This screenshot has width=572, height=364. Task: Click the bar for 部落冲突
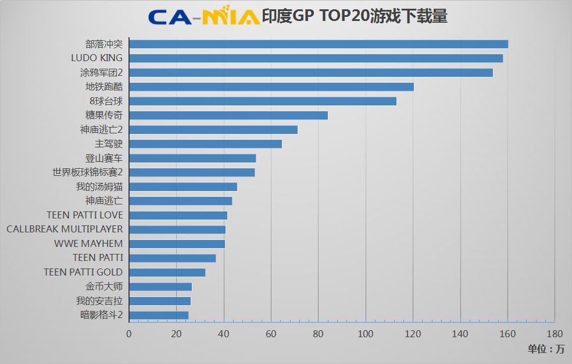point(318,44)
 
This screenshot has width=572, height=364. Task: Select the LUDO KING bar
point(316,58)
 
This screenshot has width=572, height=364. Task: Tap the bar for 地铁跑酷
point(271,87)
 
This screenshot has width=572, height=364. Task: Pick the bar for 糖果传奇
point(228,115)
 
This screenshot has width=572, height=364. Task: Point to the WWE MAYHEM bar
point(177,244)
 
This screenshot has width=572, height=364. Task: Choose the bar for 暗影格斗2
point(159,316)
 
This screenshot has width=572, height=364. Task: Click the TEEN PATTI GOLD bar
point(167,273)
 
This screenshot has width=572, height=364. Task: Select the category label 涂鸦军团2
point(102,73)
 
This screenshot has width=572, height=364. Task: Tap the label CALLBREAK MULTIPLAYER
point(65,229)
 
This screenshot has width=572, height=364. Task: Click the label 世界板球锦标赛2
point(87,172)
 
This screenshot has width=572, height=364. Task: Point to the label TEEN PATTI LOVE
point(85,215)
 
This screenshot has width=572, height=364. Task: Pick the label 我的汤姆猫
point(99,187)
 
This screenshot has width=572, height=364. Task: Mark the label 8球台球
point(106,101)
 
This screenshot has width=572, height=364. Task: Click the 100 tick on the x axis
point(365,334)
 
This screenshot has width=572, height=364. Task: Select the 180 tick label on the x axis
point(555,334)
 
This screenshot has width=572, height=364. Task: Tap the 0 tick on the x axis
point(129,334)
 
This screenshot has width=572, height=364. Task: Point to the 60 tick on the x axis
point(271,334)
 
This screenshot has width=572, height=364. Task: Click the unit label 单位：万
point(546,349)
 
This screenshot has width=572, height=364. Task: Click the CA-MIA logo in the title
point(203,17)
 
